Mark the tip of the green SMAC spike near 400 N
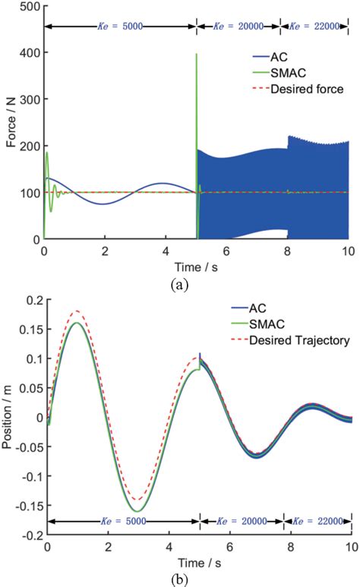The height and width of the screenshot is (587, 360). pyautogui.click(x=197, y=54)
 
